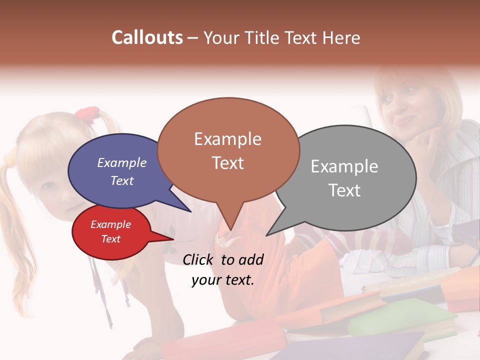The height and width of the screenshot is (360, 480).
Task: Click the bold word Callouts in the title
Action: click(147, 38)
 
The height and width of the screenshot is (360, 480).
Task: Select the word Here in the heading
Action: click(341, 38)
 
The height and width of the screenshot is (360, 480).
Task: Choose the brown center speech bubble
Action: click(228, 150)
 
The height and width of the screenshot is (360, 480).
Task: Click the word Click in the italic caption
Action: click(198, 259)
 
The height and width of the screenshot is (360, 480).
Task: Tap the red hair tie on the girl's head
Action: click(88, 114)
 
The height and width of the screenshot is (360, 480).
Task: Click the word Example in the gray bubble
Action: click(344, 166)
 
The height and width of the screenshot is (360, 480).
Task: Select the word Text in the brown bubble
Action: click(228, 163)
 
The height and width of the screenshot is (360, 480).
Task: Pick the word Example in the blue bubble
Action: click(121, 163)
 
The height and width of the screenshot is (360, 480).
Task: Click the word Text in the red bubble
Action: click(111, 239)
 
